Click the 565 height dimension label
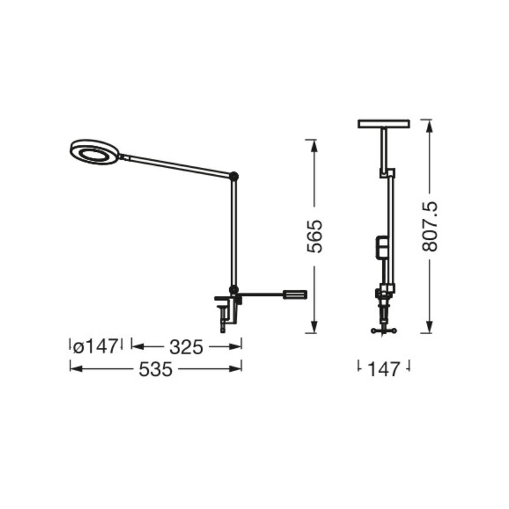pos(315,236)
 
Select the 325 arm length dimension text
pos(186,347)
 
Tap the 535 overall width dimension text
pos(155,369)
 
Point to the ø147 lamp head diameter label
pos(95,347)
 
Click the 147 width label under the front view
pos(383,369)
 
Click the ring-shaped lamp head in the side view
pos(94,152)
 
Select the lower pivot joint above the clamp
pos(234,289)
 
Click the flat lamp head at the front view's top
pos(384,124)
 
